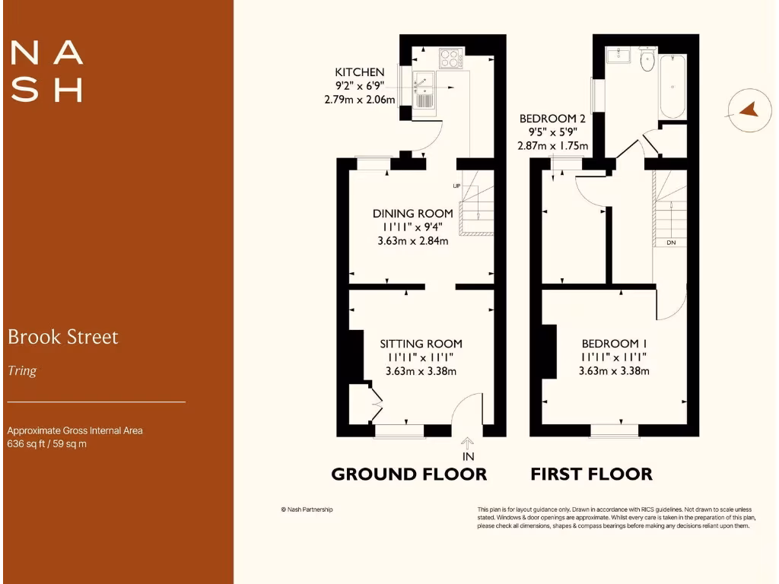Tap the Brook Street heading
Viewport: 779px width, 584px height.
coord(63,337)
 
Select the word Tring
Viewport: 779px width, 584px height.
coord(22,371)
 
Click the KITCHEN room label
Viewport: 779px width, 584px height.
coord(360,72)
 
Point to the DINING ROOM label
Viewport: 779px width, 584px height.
coord(412,214)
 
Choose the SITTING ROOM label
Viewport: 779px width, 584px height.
coord(421,344)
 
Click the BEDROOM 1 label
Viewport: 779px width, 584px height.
coord(613,344)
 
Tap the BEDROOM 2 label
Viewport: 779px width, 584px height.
coord(552,119)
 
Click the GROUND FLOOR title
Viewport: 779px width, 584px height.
coord(409,474)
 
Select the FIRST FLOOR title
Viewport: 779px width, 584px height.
coord(591,474)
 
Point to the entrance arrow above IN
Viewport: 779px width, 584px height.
coord(467,443)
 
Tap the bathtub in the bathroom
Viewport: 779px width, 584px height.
coord(672,85)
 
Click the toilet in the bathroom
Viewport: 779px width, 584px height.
coord(648,61)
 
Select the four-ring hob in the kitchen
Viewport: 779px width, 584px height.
coord(450,59)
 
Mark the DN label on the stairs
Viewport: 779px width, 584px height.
coord(671,243)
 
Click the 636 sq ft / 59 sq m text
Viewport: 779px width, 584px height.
coord(46,444)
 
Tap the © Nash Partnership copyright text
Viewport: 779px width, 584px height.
coord(307,509)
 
